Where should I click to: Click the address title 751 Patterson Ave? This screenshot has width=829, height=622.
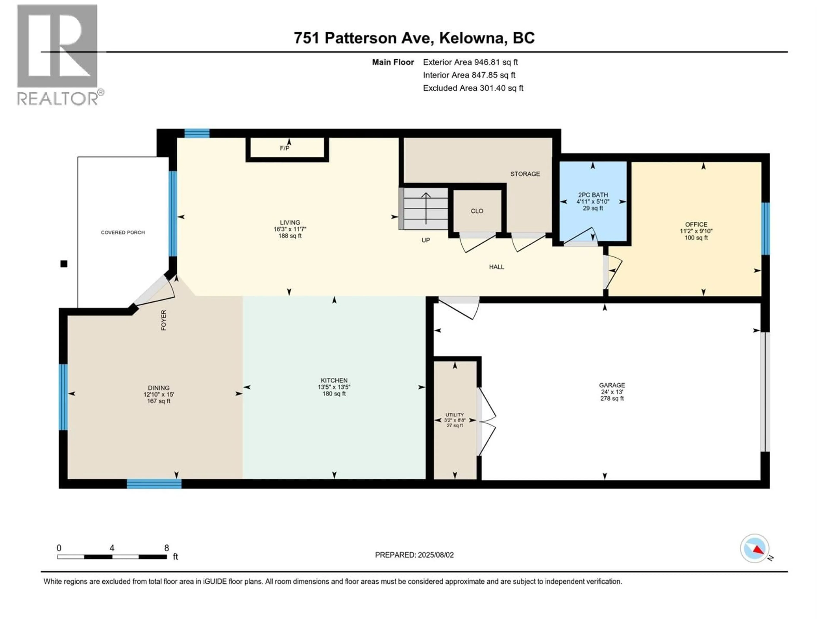(x=414, y=38)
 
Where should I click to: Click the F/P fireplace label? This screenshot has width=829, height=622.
(x=285, y=148)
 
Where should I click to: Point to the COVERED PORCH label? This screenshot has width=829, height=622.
(x=123, y=232)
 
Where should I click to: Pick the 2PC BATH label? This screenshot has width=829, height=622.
(x=593, y=195)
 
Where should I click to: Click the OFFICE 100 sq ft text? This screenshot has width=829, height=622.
(x=696, y=238)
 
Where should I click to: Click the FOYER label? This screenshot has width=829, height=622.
(x=163, y=320)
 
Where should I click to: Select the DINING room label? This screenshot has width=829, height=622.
(x=158, y=388)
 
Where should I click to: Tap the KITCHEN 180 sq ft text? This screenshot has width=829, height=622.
(x=334, y=394)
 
